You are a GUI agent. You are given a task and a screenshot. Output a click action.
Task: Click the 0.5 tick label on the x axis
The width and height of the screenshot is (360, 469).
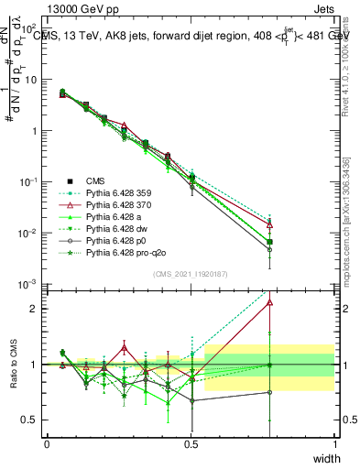pos(191,443)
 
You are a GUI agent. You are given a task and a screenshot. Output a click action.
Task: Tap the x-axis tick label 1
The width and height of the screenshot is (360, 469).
pos(334,443)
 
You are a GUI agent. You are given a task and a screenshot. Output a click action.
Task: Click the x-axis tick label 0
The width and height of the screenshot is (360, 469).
pos(47,443)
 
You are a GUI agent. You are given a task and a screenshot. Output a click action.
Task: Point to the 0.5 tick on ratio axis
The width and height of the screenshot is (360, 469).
pos(30,420)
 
